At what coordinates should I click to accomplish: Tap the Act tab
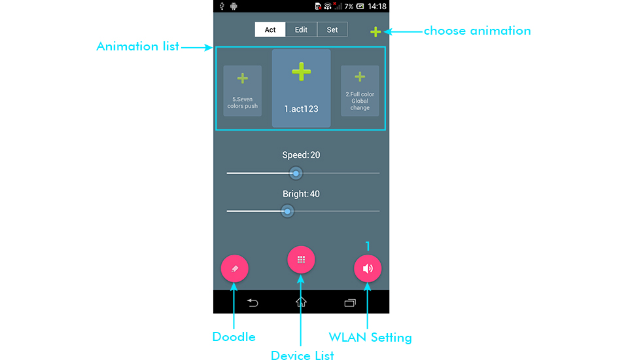[270, 29]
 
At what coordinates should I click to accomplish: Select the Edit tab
[301, 29]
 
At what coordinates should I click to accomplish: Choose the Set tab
[332, 29]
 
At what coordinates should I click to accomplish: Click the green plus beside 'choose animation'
[375, 31]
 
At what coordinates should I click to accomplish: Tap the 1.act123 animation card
[301, 88]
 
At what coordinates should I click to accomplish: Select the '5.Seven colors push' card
[242, 91]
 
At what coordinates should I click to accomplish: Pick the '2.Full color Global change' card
[360, 91]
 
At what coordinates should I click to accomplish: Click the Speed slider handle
[296, 173]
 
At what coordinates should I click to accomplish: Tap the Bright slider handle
[287, 211]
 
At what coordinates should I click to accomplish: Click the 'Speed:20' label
[301, 155]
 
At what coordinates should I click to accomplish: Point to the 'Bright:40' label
[301, 194]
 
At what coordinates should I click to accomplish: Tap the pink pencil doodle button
[235, 268]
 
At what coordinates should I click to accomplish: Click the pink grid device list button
[301, 260]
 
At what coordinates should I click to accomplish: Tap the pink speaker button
[368, 268]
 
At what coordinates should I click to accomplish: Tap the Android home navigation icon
[301, 302]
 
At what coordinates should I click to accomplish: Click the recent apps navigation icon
[350, 302]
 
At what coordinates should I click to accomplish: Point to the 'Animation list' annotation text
[138, 46]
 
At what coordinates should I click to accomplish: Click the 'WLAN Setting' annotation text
[370, 338]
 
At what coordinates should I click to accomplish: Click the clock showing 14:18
[377, 7]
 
